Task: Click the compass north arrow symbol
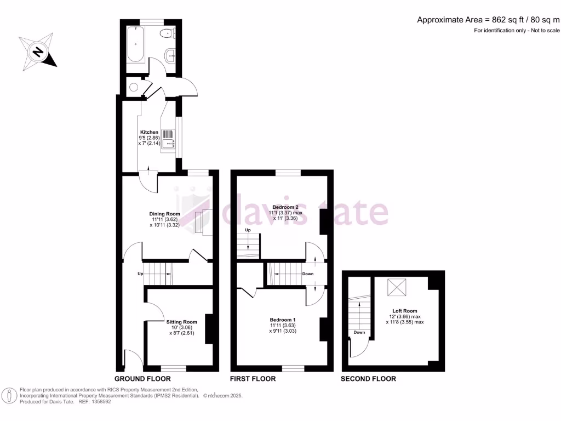tap(37, 52)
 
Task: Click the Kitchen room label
tap(149, 132)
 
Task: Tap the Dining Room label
tap(165, 214)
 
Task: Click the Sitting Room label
tap(181, 322)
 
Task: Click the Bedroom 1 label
tap(283, 320)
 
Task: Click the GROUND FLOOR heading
tap(142, 379)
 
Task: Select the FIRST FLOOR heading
tap(253, 379)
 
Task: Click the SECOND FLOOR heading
tap(368, 379)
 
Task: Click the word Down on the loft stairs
tap(359, 332)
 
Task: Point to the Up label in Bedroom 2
tap(248, 230)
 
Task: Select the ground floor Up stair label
tap(141, 273)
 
